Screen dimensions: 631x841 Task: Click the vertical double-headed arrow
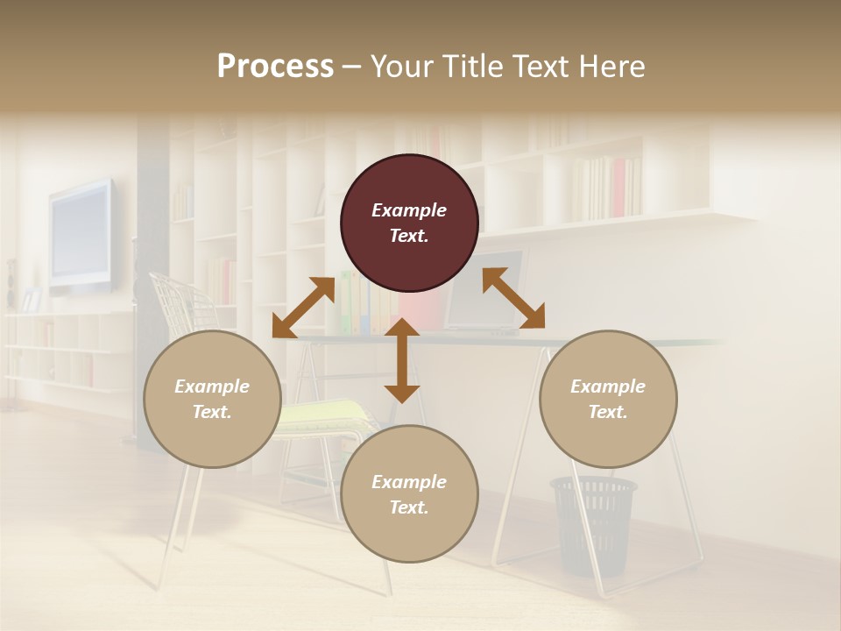tap(402, 360)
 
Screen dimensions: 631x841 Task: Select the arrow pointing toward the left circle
tap(303, 308)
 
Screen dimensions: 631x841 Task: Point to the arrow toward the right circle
tap(513, 298)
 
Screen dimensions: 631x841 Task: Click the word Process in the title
tap(275, 67)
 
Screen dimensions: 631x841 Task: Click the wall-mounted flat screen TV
tap(81, 235)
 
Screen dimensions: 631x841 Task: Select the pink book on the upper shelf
tap(619, 188)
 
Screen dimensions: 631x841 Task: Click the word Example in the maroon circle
tap(409, 210)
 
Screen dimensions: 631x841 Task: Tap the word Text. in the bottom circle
tap(409, 507)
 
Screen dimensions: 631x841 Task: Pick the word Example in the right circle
tap(608, 386)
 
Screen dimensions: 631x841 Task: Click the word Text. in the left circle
tap(212, 412)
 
